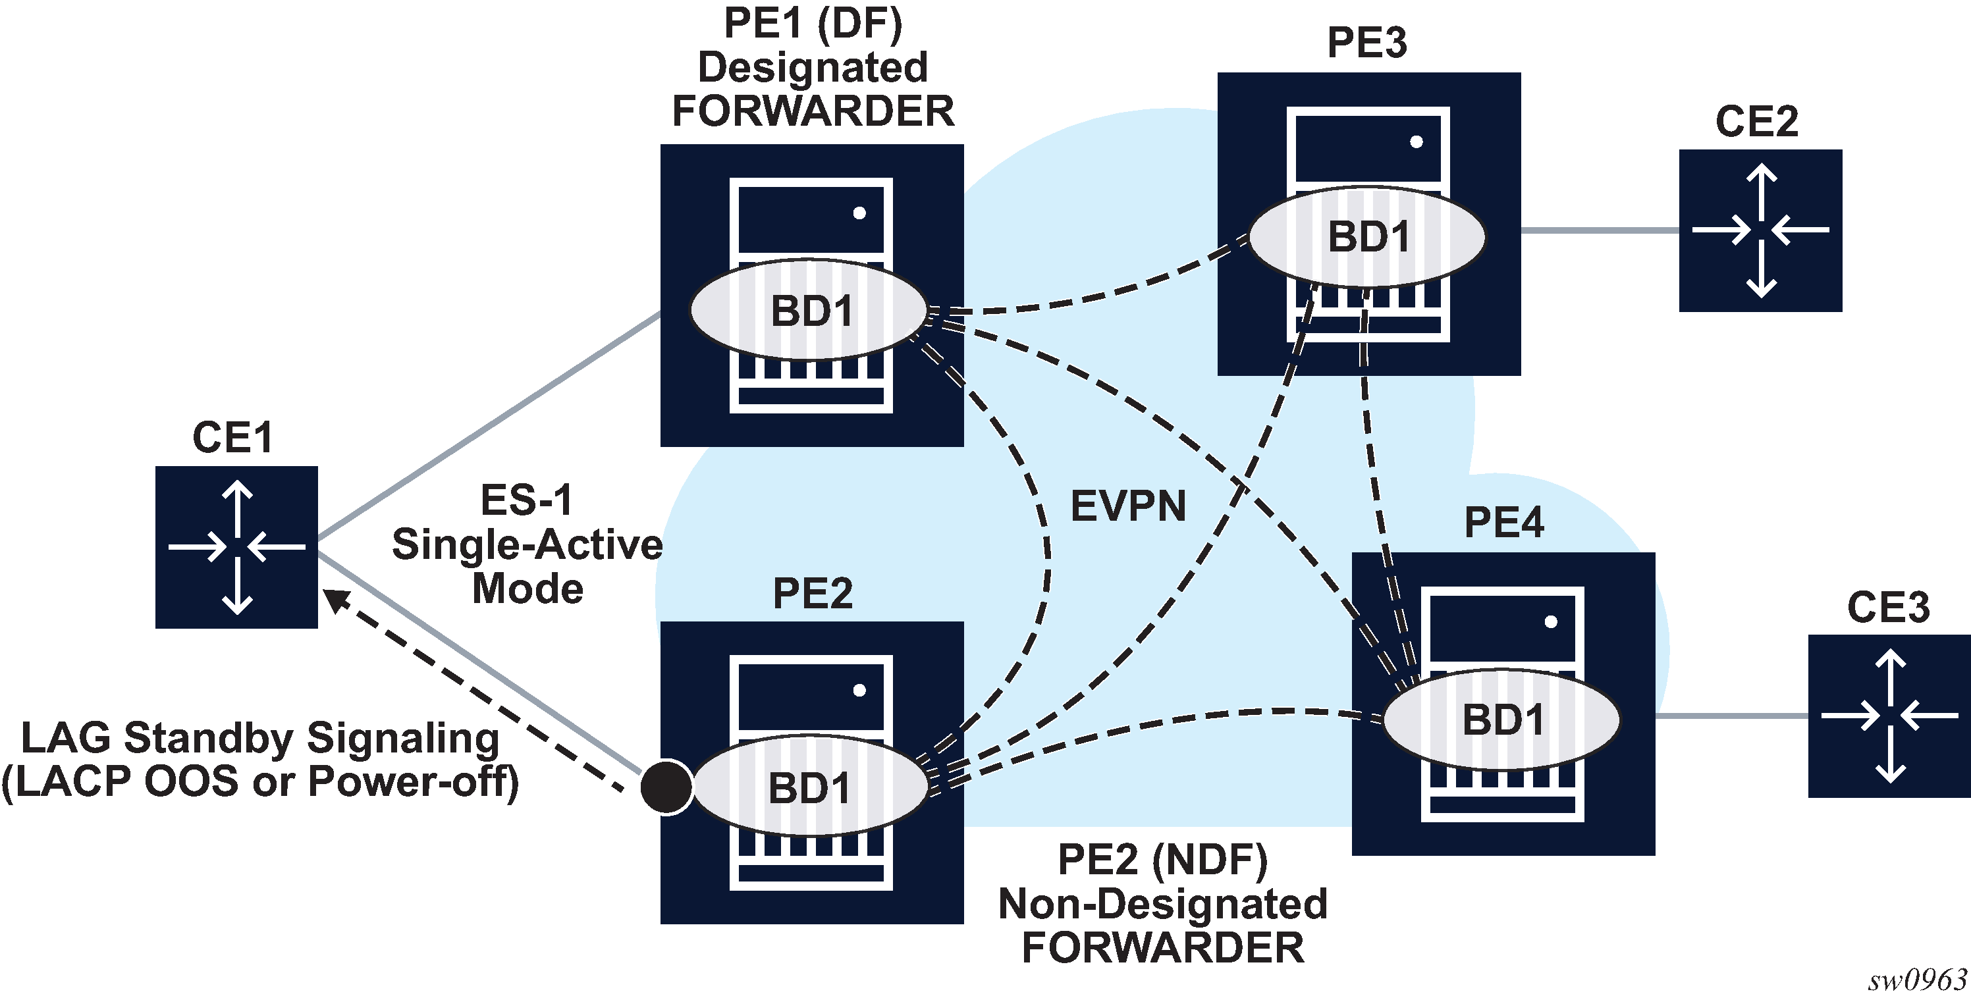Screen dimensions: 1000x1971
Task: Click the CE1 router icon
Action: tap(236, 547)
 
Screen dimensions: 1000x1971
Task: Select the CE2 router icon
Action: tap(1760, 230)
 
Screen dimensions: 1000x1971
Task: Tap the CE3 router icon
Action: tap(1889, 716)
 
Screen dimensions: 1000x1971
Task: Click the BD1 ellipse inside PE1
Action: tap(809, 311)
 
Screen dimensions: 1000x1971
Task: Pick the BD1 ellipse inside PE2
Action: tap(809, 787)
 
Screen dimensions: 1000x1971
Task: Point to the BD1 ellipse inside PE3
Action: tap(1367, 236)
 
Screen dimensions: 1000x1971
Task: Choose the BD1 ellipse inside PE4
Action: tap(1502, 719)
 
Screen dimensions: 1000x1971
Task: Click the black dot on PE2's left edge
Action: tap(666, 787)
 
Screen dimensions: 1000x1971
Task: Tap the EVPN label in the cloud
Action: tap(1128, 506)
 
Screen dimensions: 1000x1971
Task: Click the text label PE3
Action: tap(1366, 42)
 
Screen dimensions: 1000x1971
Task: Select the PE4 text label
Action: tap(1503, 523)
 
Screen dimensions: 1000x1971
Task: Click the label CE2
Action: tap(1757, 121)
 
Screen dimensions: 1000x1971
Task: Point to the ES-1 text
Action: tap(526, 500)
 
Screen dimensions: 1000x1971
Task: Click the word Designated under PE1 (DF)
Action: tap(813, 67)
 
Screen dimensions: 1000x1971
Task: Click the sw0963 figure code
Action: tap(1918, 980)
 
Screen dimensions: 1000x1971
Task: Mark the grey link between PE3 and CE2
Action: tap(1599, 230)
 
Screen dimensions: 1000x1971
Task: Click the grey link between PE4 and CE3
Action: tap(1731, 716)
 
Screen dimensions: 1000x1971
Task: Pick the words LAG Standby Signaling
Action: tap(260, 739)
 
